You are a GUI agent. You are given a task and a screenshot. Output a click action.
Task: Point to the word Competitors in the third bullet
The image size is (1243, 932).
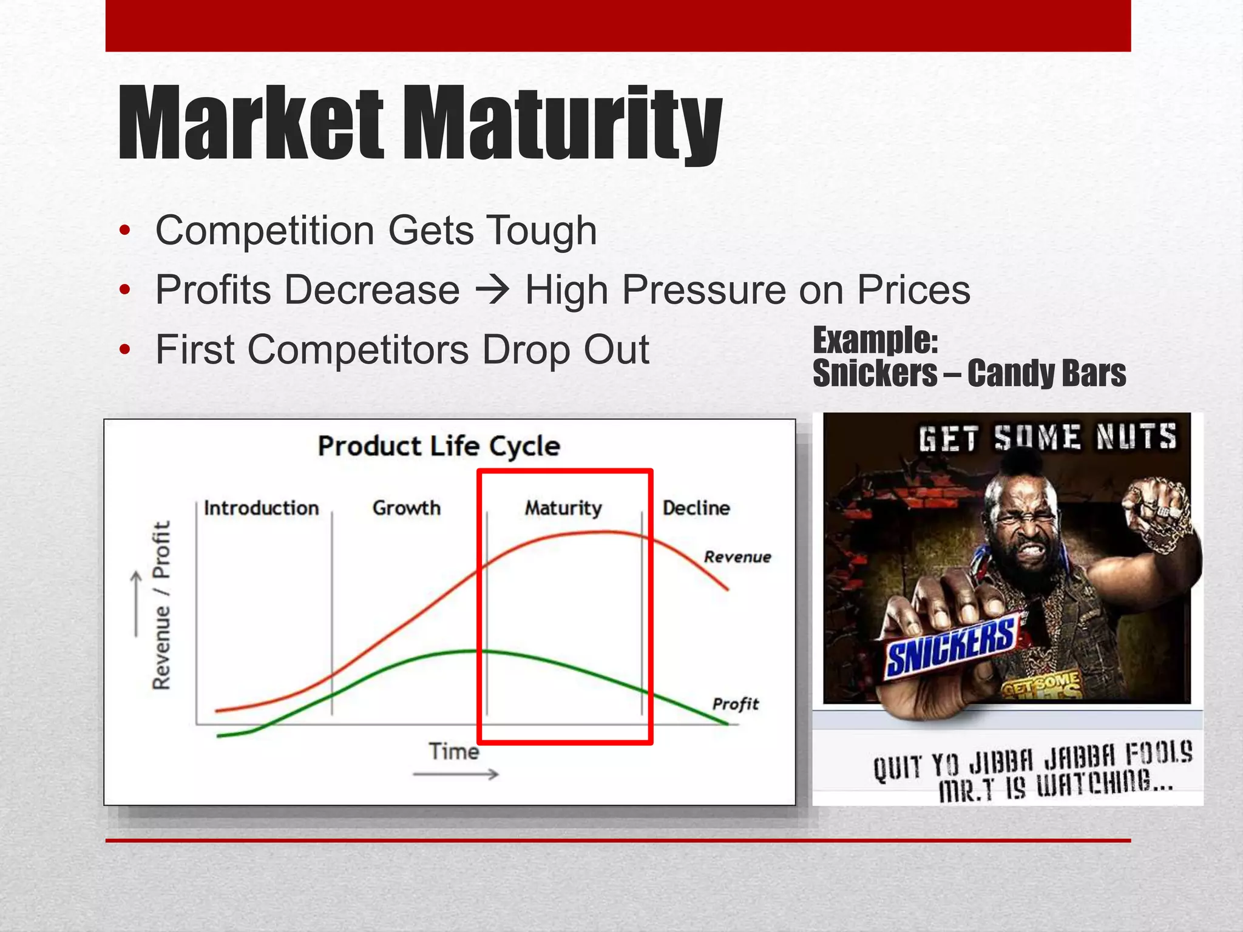(x=357, y=349)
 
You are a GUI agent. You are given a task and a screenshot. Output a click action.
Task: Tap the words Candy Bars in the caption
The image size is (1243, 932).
(x=1046, y=373)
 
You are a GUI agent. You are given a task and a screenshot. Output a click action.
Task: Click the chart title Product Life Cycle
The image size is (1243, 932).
(x=438, y=447)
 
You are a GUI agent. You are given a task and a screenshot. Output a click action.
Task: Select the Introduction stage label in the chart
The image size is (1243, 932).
(x=261, y=508)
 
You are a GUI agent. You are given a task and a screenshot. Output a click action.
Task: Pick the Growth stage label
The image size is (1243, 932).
(x=406, y=508)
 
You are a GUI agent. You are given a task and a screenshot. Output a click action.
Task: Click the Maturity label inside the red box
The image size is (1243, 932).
(x=563, y=508)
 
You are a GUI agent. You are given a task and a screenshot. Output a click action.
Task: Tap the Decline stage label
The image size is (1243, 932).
(x=696, y=508)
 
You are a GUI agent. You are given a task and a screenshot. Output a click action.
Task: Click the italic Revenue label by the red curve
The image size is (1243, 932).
(x=737, y=557)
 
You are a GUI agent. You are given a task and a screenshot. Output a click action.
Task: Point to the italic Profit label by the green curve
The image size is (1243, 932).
(x=735, y=704)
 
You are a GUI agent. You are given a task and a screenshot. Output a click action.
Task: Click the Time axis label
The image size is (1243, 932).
(x=453, y=752)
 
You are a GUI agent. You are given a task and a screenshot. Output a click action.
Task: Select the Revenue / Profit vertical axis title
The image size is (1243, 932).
(x=161, y=605)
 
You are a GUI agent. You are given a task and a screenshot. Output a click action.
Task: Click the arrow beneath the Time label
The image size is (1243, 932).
(x=455, y=774)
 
